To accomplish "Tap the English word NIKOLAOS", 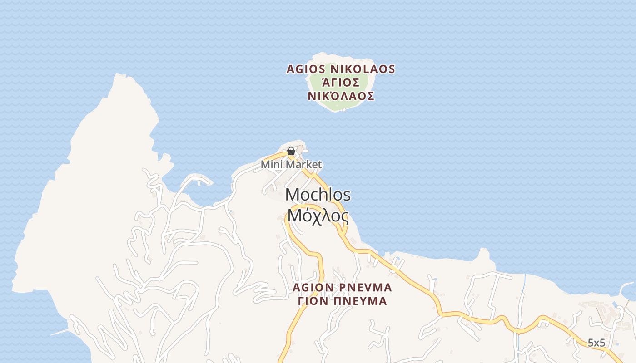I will coord(362,69).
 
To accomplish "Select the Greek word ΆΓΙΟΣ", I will coord(341,83).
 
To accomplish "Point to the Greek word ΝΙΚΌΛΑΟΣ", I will coord(341,96).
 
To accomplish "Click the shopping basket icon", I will coord(291,151).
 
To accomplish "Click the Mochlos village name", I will coord(318,195).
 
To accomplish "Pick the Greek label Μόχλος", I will coord(318,216).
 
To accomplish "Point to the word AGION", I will coord(313,288).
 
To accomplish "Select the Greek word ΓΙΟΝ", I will coord(314,301).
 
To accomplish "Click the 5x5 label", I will coord(596,343).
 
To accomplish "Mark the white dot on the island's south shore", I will coord(344,110).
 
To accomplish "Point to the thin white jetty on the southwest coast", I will coord(59,333).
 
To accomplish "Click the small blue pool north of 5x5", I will coord(615,304).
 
